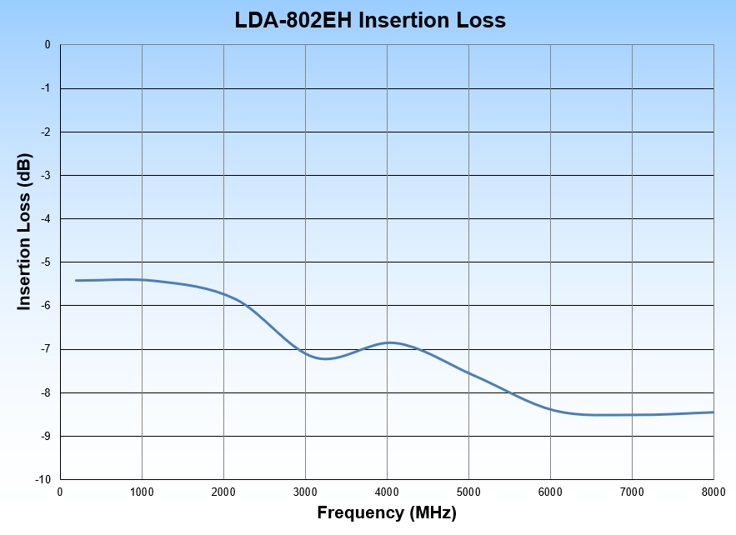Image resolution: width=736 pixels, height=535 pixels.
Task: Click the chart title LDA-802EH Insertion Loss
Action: pos(370,20)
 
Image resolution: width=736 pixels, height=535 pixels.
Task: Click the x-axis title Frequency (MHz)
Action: pos(387,512)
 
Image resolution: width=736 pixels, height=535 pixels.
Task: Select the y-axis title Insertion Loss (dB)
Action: pos(25,232)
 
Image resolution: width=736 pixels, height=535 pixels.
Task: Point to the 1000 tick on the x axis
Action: pos(142,492)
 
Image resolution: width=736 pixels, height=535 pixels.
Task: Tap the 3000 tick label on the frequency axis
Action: pos(305,492)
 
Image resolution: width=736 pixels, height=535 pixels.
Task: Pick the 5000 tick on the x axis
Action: pos(468,492)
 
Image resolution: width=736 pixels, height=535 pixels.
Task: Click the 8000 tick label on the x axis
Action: pos(713,492)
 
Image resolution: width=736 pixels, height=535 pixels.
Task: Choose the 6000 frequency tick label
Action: pos(550,492)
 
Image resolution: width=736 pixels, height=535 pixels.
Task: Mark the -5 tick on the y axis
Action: pos(46,262)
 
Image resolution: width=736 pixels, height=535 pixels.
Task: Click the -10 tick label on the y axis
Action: pos(43,480)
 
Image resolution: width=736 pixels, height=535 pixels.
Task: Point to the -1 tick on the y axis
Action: pos(46,88)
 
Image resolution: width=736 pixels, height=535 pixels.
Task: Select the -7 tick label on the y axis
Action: pos(46,349)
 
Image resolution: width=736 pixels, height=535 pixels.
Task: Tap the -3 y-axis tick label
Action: pos(46,175)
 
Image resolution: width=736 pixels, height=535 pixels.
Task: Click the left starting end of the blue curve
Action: pos(77,280)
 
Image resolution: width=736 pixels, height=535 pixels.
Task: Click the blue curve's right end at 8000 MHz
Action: pos(713,412)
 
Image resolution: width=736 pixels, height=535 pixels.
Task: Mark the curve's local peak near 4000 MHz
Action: pos(388,342)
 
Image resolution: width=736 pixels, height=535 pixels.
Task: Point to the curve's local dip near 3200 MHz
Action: pos(325,358)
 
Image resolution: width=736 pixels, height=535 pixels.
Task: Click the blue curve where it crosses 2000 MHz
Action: pos(223,293)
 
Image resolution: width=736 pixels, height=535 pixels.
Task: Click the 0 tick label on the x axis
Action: pos(60,492)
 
